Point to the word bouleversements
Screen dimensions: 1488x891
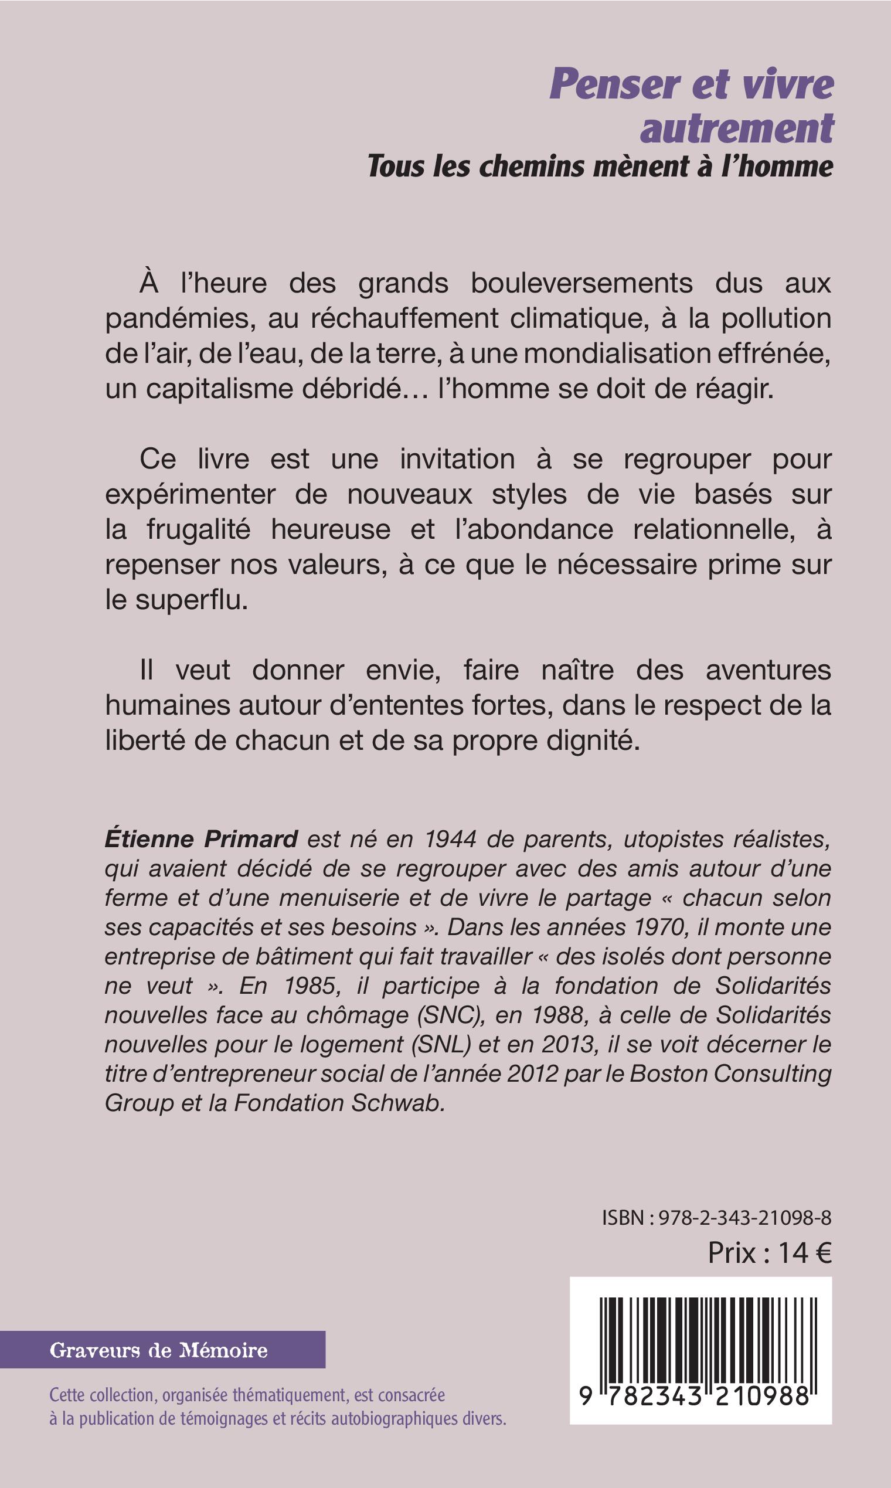(581, 283)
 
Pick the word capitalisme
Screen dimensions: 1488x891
(219, 389)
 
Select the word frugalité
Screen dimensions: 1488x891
(198, 529)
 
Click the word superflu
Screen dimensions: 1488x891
(191, 600)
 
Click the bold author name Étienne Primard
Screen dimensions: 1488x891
(201, 839)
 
